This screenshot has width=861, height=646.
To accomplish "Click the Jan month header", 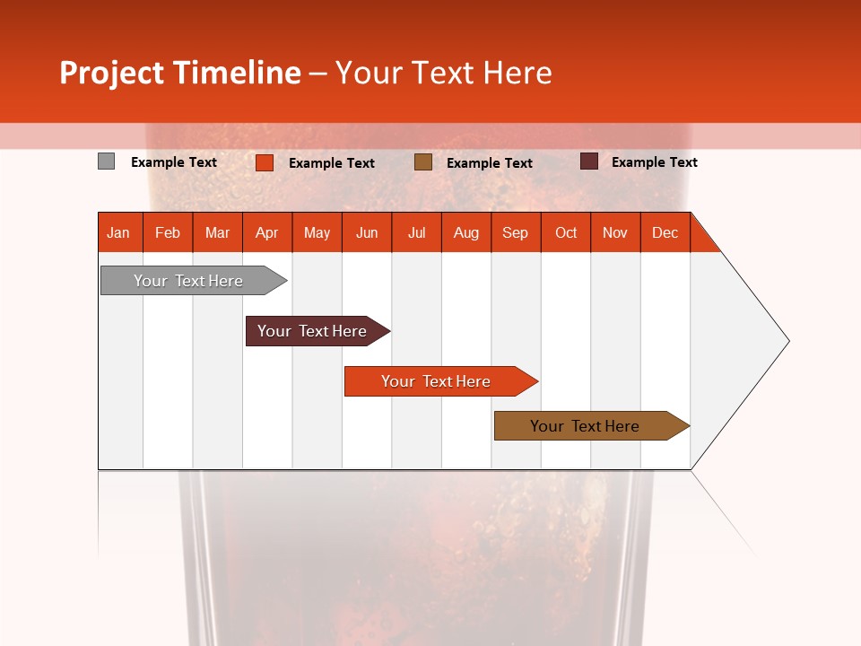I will [119, 232].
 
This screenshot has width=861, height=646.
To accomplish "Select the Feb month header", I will [168, 232].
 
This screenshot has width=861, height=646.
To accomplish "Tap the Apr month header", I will [267, 232].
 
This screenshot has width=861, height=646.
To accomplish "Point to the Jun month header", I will [367, 232].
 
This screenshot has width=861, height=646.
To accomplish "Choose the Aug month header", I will [466, 232].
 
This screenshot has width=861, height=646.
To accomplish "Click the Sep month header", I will [516, 232].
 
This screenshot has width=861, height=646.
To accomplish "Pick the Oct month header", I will [566, 232].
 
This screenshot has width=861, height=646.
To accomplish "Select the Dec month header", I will [665, 232].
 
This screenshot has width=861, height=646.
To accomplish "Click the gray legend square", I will [107, 161].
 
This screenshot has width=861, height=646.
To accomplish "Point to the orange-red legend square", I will [265, 162].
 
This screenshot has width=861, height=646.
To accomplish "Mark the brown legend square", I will [423, 162].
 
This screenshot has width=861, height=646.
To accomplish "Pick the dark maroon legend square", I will [589, 161].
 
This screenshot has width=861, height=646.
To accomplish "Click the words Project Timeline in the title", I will [180, 73].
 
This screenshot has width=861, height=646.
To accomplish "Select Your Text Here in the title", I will [444, 73].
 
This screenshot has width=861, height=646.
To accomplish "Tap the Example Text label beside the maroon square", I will [655, 162].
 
